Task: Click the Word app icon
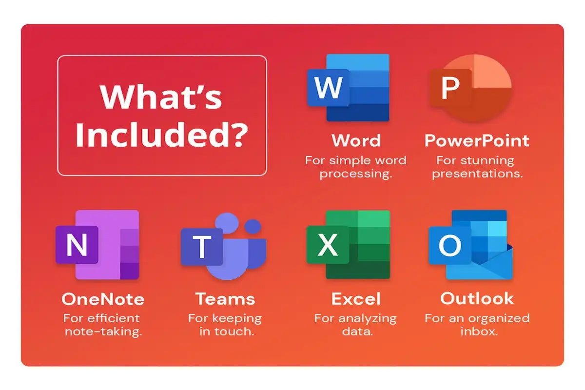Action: (x=349, y=88)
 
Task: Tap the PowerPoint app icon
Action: (x=470, y=88)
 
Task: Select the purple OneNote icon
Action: (x=97, y=245)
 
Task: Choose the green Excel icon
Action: (x=349, y=245)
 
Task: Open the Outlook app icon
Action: (x=470, y=245)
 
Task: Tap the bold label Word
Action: (x=356, y=140)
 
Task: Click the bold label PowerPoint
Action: (x=477, y=140)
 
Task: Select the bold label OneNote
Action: (x=103, y=298)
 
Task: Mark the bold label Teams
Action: (x=225, y=298)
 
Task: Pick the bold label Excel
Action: (x=356, y=298)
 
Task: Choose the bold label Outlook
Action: (x=477, y=298)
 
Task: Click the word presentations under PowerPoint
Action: (x=477, y=174)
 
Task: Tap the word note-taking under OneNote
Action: (x=103, y=332)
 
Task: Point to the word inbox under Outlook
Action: (x=477, y=332)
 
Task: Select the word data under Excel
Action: (x=355, y=332)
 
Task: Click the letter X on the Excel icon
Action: (x=328, y=245)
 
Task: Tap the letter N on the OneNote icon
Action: (x=77, y=245)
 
